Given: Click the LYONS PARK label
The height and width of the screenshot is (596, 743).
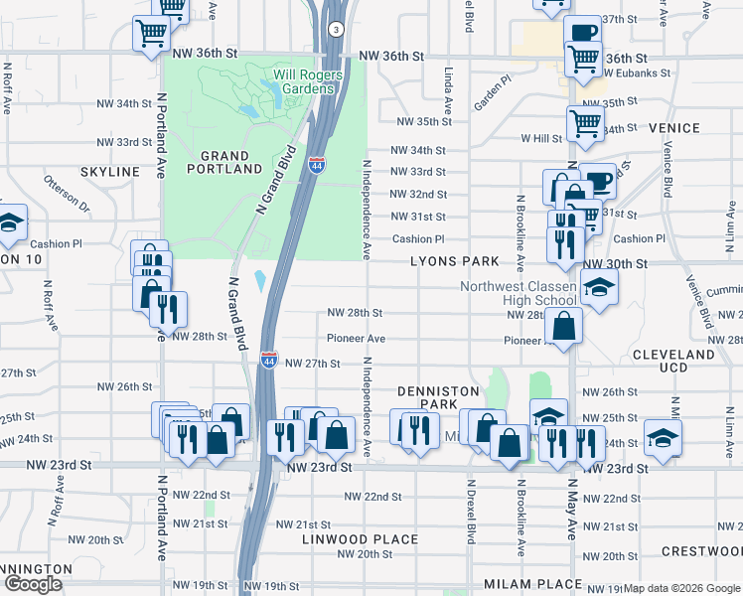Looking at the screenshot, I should [x=455, y=261].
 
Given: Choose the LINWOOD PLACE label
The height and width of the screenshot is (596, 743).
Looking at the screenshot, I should [x=347, y=538].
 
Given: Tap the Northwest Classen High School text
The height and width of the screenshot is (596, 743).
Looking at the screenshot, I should [x=518, y=293].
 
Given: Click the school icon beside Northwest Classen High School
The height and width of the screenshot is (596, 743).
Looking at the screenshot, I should [x=597, y=288].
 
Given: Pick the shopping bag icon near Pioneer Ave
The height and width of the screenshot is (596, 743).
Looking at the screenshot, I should [x=563, y=326].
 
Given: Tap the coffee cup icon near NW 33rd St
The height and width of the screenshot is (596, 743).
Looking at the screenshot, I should [x=597, y=181].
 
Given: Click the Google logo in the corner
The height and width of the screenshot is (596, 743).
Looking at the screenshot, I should [x=33, y=584].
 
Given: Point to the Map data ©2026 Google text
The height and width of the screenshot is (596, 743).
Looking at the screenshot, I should [x=681, y=588].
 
